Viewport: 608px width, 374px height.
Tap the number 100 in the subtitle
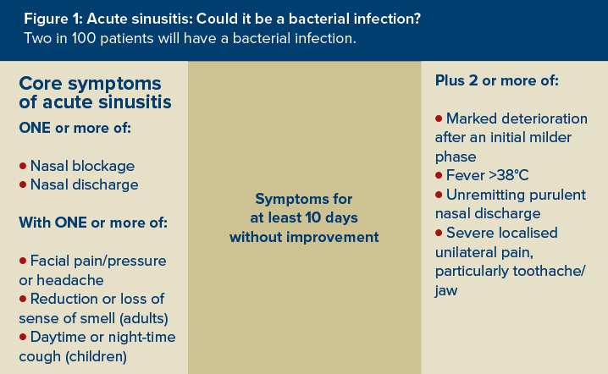pyautogui.click(x=83, y=38)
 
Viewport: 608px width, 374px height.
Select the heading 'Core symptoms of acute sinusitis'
pyautogui.click(x=95, y=92)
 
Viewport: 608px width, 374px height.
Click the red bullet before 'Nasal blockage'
pyautogui.click(x=23, y=166)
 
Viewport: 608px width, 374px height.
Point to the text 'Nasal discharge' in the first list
pyautogui.click(x=84, y=184)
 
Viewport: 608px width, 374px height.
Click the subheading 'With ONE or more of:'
pyautogui.click(x=93, y=223)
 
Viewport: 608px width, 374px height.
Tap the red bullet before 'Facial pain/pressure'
pyautogui.click(x=23, y=261)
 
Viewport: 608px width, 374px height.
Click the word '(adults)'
pyautogui.click(x=144, y=319)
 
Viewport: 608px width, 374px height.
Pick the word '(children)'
pyautogui.click(x=97, y=356)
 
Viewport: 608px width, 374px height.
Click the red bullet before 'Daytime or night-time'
pyautogui.click(x=23, y=337)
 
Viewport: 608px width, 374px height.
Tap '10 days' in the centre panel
pyautogui.click(x=332, y=217)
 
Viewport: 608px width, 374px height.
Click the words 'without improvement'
pyautogui.click(x=304, y=237)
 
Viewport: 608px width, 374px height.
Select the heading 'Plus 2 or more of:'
pyautogui.click(x=497, y=80)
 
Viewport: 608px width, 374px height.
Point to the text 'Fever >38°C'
pyautogui.click(x=488, y=175)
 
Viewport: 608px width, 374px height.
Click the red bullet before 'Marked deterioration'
pyautogui.click(x=439, y=118)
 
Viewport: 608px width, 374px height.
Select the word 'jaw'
pyautogui.click(x=446, y=291)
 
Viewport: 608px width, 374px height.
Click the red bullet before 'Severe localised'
pyautogui.click(x=439, y=233)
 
